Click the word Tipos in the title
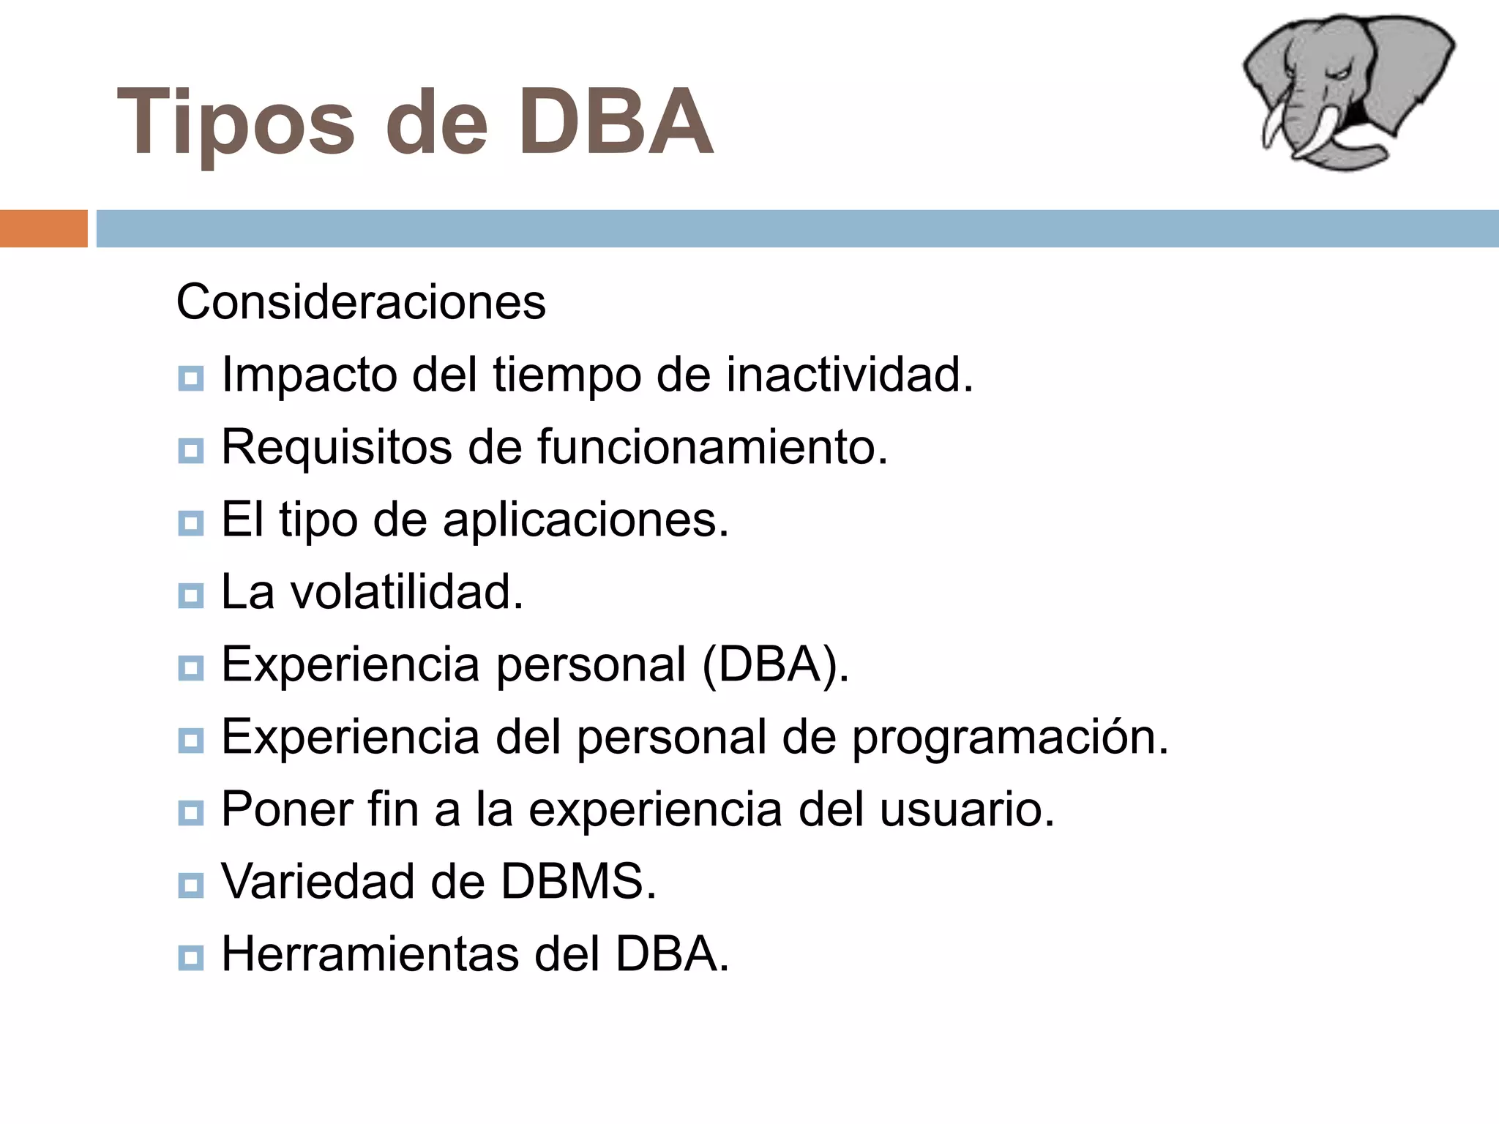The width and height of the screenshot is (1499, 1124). pos(235,123)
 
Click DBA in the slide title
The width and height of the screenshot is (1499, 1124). pos(616,121)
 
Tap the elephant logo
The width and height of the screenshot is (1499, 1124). pos(1347,91)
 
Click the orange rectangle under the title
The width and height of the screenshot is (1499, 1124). pos(43,228)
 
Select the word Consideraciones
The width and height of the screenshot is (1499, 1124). pos(361,301)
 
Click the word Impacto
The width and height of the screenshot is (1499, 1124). pos(309,375)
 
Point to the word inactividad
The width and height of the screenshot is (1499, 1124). pos(849,375)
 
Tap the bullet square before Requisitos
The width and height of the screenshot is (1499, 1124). pos(190,451)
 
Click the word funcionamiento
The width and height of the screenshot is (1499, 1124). pos(712,446)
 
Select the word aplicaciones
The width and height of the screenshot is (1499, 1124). pos(586,520)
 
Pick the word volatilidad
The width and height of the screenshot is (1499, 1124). pos(407,591)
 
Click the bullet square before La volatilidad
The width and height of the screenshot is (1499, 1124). pos(190,596)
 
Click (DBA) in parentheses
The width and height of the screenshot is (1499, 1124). pos(774,664)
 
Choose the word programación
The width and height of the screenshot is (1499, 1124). pos(1010,738)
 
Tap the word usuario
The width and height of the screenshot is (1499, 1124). pos(966,809)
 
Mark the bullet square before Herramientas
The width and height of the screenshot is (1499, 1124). pos(190,958)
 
